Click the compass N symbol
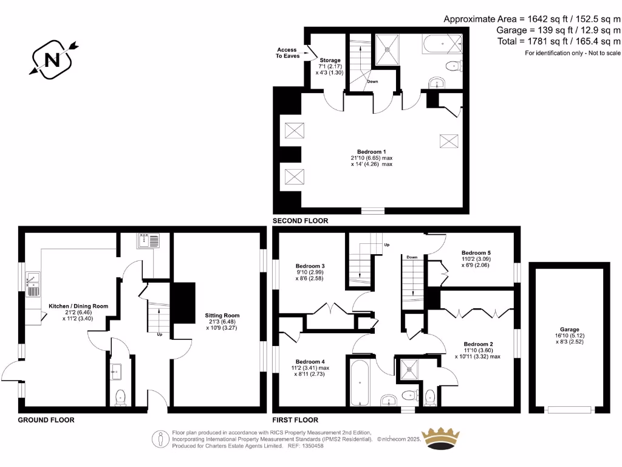tap(52, 59)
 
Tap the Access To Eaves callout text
tap(287, 53)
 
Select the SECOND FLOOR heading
tap(300, 221)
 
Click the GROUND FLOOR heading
tap(46, 420)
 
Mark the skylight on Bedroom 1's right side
tap(449, 140)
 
